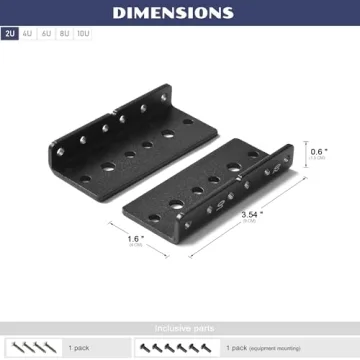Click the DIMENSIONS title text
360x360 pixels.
pos(180,13)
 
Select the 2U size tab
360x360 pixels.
pos(11,34)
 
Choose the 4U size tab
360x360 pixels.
pos(28,34)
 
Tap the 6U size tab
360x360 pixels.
pos(46,34)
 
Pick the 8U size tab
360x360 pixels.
pos(64,34)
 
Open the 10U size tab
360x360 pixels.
pos(83,34)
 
